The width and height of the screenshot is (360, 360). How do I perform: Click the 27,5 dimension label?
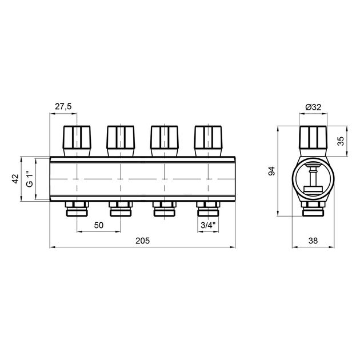pyautogui.click(x=63, y=106)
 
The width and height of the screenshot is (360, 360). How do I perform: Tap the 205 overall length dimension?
pyautogui.click(x=142, y=241)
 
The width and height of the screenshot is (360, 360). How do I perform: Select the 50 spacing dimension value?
pyautogui.click(x=99, y=225)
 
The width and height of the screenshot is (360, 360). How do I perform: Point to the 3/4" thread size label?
pyautogui.click(x=208, y=225)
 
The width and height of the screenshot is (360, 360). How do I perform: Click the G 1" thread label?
pyautogui.click(x=30, y=179)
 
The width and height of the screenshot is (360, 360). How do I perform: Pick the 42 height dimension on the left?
pyautogui.click(x=15, y=179)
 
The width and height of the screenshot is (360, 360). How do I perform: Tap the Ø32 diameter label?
pyautogui.click(x=313, y=107)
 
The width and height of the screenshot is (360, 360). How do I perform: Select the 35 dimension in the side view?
pyautogui.click(x=341, y=141)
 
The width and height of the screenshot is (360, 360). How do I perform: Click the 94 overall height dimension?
pyautogui.click(x=271, y=171)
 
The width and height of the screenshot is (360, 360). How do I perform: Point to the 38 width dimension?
pyautogui.click(x=313, y=241)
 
